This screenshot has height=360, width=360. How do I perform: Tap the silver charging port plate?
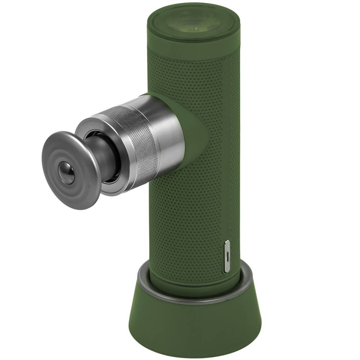coord(227,256)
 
